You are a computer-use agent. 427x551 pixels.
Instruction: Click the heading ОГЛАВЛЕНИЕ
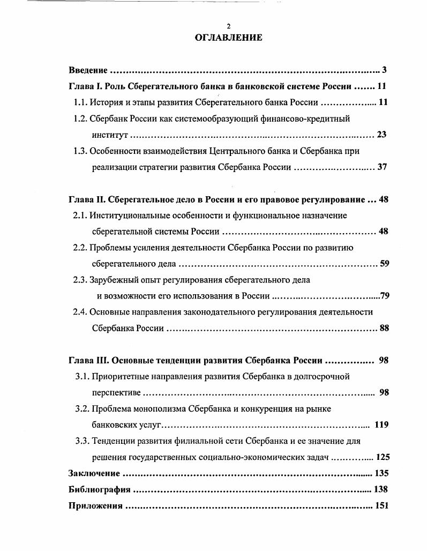228,38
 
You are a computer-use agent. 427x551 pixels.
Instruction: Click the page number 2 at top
228,26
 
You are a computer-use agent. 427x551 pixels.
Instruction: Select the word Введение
88,70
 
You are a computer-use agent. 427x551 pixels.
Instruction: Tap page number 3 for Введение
385,70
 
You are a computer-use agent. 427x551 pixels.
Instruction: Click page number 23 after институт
381,135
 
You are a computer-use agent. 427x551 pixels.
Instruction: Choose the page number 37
382,167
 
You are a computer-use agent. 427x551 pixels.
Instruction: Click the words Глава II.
87,199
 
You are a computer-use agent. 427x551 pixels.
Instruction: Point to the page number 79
384,295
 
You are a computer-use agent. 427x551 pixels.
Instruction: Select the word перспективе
116,392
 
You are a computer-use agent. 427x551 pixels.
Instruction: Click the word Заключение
94,473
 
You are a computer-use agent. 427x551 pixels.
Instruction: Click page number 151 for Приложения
381,505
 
